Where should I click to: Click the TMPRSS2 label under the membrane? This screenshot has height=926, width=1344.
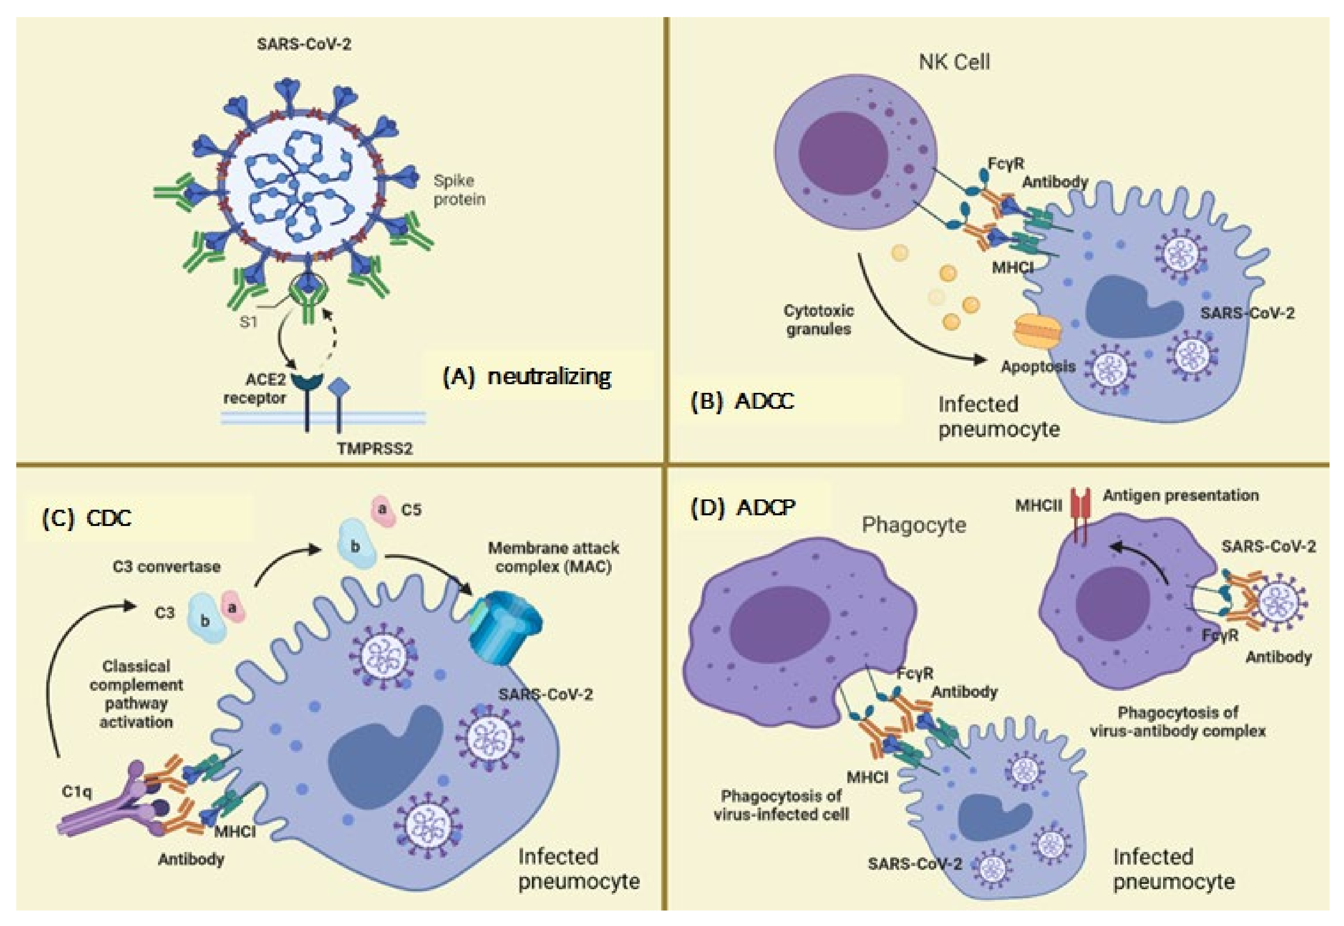coord(374,448)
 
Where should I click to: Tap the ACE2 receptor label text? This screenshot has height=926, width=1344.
coord(256,389)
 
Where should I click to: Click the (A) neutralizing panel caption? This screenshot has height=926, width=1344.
coord(526,377)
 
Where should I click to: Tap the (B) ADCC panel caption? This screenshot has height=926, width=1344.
coord(742,402)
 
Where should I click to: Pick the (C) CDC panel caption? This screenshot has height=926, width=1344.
coord(87,518)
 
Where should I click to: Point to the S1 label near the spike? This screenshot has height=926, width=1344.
coord(248,322)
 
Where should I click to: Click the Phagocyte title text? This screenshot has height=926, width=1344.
coord(914,525)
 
